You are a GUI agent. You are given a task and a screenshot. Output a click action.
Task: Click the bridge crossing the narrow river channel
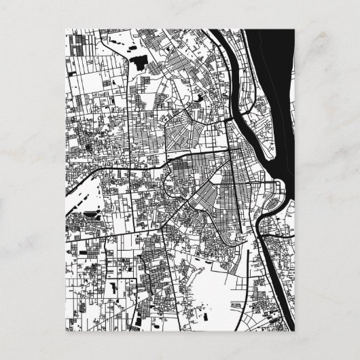238,121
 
